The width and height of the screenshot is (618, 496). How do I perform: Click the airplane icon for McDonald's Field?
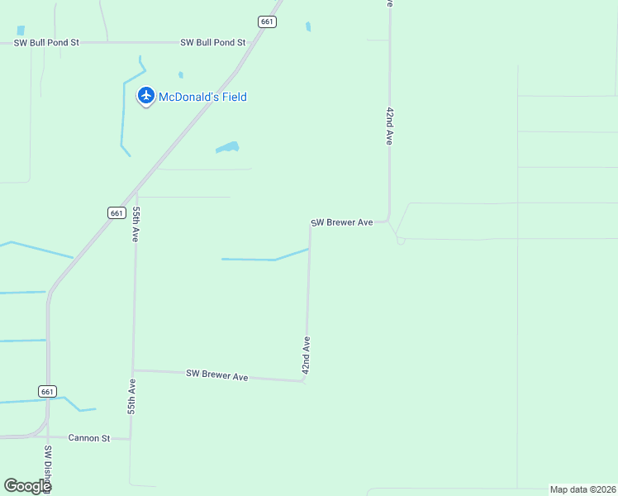click(146, 96)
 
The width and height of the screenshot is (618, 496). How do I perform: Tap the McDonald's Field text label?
click(202, 97)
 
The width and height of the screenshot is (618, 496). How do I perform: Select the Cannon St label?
click(88, 438)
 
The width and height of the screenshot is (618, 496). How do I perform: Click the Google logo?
click(27, 486)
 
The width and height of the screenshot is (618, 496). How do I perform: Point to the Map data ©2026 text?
click(582, 489)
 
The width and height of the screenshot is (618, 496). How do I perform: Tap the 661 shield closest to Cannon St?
click(47, 391)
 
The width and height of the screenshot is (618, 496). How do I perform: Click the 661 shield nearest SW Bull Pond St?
click(266, 22)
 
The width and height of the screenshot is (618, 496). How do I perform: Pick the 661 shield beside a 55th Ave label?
click(116, 212)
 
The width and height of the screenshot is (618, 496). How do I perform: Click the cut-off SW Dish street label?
click(48, 469)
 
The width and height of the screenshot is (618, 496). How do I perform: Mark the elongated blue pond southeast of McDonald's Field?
click(227, 148)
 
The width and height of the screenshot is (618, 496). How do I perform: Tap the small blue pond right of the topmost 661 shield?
click(308, 26)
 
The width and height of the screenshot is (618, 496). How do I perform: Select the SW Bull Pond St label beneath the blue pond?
click(45, 41)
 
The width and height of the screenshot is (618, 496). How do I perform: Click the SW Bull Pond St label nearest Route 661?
click(213, 42)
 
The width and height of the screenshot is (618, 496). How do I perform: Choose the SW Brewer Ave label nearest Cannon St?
click(216, 375)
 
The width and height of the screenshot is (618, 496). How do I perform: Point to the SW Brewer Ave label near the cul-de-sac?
click(342, 222)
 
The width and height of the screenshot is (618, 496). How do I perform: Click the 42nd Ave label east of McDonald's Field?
click(389, 126)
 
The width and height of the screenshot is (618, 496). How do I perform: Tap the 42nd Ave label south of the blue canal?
click(307, 355)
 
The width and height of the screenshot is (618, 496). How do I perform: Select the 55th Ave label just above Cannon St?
click(131, 397)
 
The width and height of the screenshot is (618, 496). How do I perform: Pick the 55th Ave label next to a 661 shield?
click(135, 224)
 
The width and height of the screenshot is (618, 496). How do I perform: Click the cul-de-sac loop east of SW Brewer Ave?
click(401, 241)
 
